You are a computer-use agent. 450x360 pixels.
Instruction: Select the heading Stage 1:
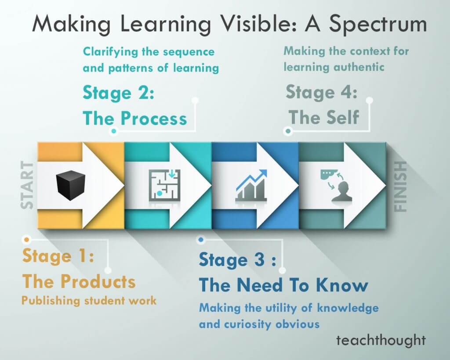pos(58,256)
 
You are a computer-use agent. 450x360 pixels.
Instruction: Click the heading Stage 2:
pos(118,94)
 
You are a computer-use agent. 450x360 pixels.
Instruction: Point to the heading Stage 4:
pos(321,93)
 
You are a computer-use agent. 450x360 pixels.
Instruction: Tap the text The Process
pos(134,118)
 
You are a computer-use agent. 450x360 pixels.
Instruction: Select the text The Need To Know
pos(283,285)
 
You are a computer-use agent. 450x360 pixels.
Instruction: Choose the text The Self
pos(323,117)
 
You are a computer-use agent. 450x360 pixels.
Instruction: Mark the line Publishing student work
pos(89,301)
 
